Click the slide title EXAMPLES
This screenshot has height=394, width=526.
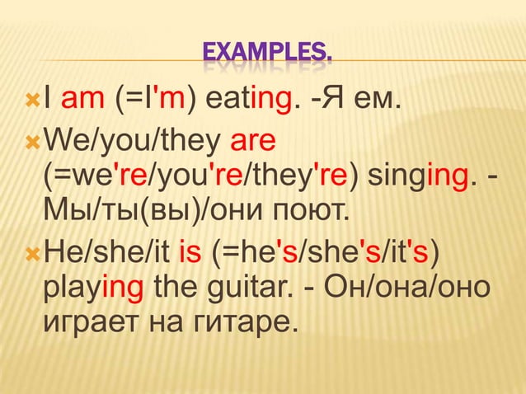tap(269, 56)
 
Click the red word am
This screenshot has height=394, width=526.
tap(82, 103)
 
